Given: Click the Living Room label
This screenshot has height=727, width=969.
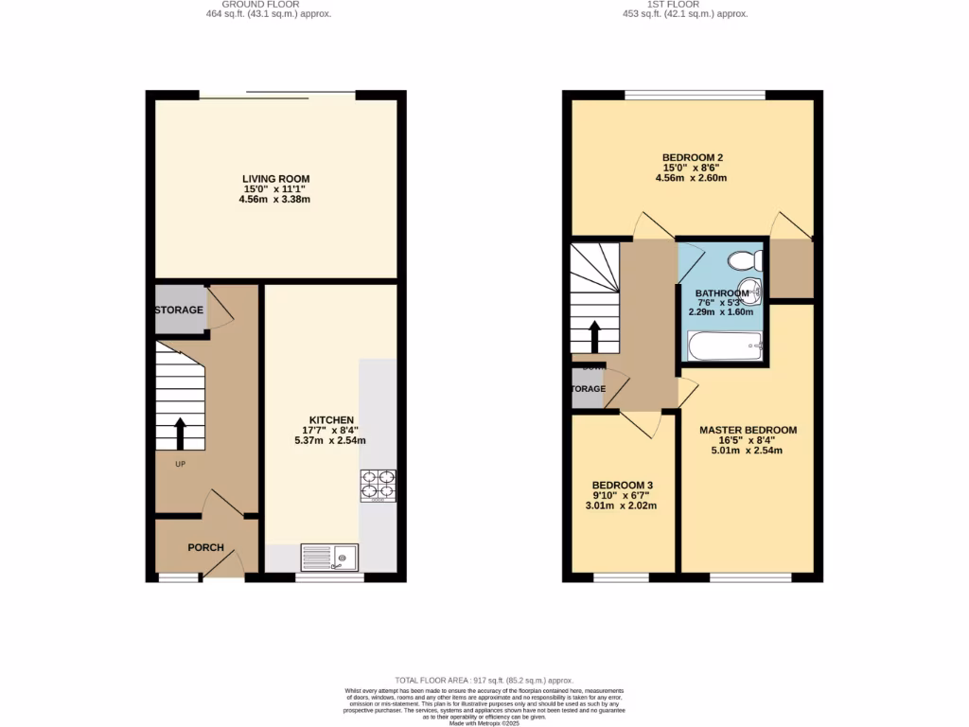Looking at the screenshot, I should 275,179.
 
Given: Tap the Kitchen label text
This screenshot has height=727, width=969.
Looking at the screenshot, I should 331,420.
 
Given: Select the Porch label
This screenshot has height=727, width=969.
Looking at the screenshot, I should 205,548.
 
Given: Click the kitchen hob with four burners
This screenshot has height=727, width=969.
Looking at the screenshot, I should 378,485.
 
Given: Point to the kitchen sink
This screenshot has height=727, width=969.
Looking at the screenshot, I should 329,558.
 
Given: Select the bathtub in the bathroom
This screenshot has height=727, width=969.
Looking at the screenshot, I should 725,346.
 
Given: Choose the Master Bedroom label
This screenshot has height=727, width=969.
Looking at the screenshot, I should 748,430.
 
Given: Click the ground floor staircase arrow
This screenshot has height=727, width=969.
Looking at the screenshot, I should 180,433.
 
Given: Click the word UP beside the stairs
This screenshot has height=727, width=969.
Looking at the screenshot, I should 179,465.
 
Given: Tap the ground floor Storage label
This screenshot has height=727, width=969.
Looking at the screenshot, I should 179,310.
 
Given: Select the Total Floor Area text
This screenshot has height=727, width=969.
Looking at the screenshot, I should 484,681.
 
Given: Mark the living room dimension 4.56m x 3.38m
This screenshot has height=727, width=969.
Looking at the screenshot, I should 275,201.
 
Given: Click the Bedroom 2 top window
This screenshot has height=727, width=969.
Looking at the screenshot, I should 695,94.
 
